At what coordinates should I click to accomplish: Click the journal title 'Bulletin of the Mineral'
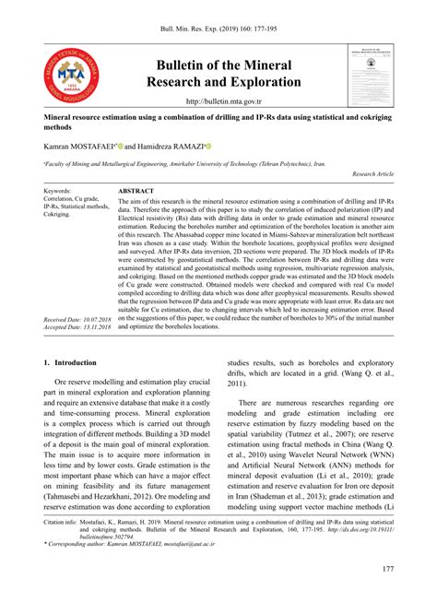pyautogui.click(x=223, y=65)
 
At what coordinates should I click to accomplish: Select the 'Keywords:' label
pyautogui.click(x=57, y=190)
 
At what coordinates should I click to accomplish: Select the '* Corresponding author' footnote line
pyautogui.click(x=148, y=546)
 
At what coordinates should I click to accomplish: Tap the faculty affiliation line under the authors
pyautogui.click(x=184, y=162)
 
